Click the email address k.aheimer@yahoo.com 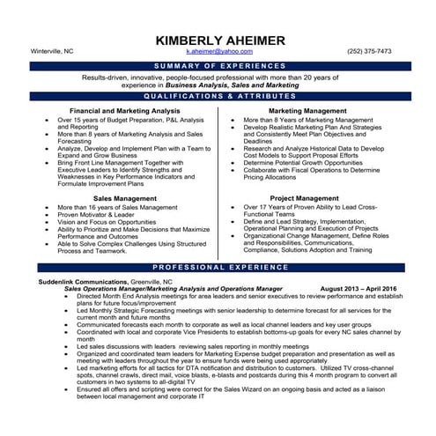(218, 52)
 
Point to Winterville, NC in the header (52, 52)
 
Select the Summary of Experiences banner (218, 65)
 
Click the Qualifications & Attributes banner (218, 94)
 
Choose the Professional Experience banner (218, 266)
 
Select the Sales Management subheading (125, 198)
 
